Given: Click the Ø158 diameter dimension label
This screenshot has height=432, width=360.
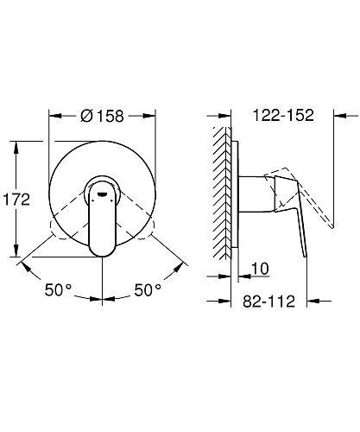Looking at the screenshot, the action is pyautogui.click(x=102, y=116).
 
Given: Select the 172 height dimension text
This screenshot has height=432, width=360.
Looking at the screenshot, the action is pyautogui.click(x=16, y=200).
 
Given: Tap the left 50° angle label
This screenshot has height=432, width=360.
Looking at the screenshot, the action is pyautogui.click(x=58, y=289).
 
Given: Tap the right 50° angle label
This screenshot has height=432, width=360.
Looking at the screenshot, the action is pyautogui.click(x=148, y=289).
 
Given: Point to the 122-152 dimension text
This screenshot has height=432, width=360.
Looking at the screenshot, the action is pyautogui.click(x=283, y=115).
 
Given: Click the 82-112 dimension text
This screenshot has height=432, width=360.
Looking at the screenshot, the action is pyautogui.click(x=268, y=302).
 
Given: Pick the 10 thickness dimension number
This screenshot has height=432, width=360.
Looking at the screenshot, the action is pyautogui.click(x=260, y=269).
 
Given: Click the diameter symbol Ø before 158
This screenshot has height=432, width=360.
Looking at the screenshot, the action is pyautogui.click(x=86, y=116).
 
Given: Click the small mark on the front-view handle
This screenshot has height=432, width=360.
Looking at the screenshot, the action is pyautogui.click(x=102, y=194).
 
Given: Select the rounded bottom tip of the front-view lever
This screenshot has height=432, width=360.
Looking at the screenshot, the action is pyautogui.click(x=102, y=253).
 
